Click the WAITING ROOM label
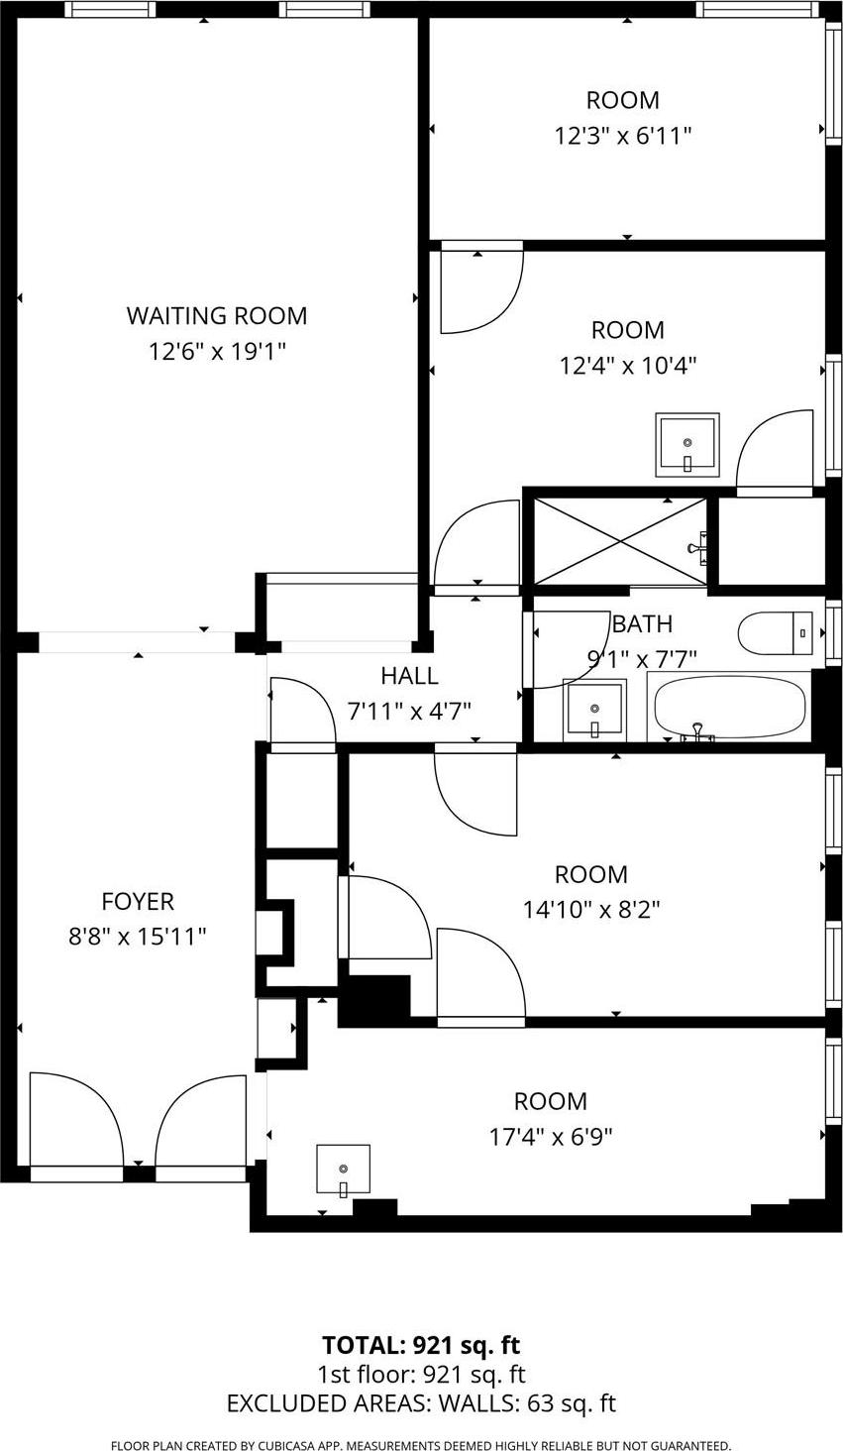point(216,316)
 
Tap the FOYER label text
point(138,901)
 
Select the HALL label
point(409,676)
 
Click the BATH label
point(643,624)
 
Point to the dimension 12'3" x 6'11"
point(622,136)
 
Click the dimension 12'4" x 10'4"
point(627,366)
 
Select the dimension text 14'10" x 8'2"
point(591,910)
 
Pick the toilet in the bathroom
point(775,633)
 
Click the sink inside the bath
point(594,710)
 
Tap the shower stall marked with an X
point(620,541)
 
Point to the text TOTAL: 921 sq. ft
point(421,1345)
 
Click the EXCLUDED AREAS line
point(421,1403)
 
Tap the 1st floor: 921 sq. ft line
point(421,1375)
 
